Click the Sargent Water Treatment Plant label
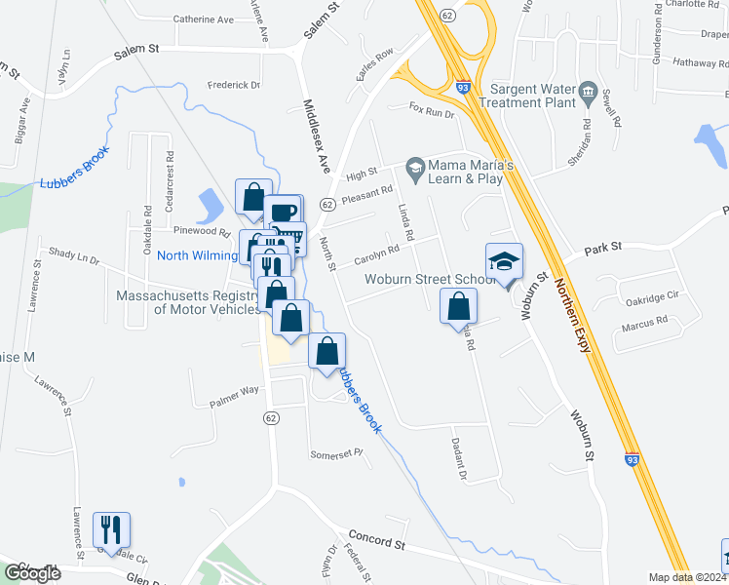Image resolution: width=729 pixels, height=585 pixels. click(x=520, y=96)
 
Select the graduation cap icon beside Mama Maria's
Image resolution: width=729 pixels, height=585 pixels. click(x=415, y=169)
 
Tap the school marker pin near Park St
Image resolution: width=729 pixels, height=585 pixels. click(x=505, y=262)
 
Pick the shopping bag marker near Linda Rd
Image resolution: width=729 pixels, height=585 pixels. click(x=458, y=308)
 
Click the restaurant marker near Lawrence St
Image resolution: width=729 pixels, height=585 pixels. click(x=111, y=530)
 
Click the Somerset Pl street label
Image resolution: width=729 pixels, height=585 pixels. click(x=335, y=453)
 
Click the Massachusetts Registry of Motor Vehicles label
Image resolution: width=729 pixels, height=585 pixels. click(x=187, y=302)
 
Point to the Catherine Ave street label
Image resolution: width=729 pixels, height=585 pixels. click(x=204, y=19)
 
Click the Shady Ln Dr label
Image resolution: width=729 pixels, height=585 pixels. click(x=74, y=255)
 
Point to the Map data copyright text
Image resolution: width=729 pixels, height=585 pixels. click(x=687, y=577)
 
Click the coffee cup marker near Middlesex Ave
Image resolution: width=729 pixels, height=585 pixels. click(x=283, y=213)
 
